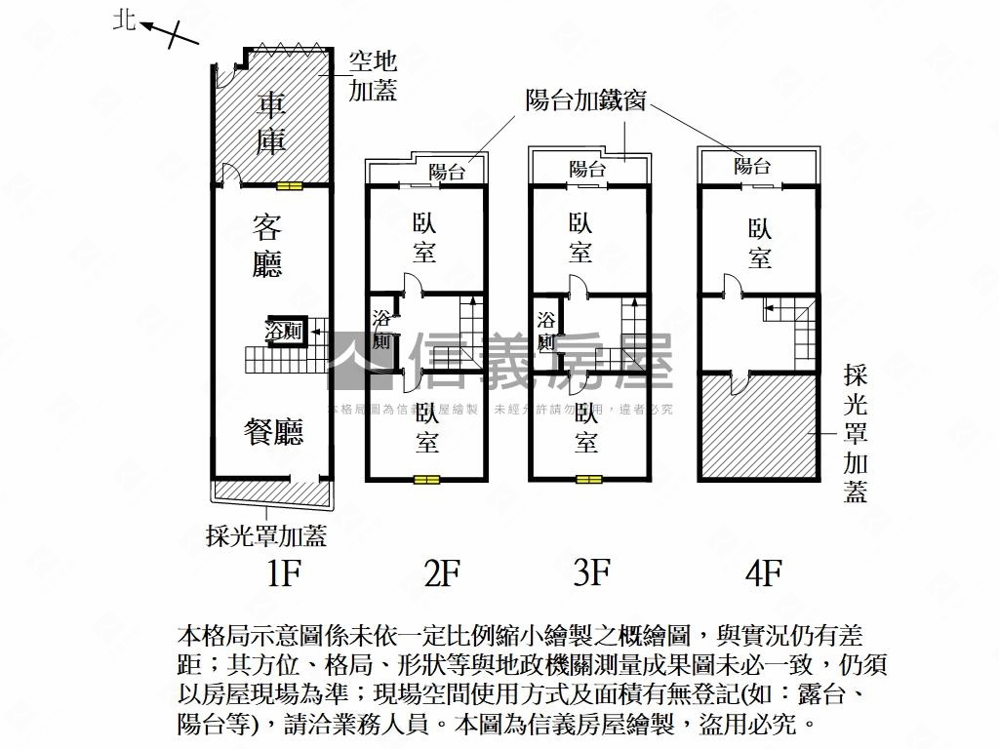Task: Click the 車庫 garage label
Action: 272,124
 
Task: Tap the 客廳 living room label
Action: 267,248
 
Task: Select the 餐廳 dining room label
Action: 274,432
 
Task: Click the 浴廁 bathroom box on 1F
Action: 285,332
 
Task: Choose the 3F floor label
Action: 591,573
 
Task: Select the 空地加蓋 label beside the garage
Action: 374,77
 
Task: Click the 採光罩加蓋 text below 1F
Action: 266,535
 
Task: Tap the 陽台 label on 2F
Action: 446,173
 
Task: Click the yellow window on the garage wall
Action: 290,185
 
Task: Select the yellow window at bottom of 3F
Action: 588,479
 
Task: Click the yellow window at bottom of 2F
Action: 426,479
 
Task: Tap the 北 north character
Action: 124,20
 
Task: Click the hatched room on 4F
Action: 757,429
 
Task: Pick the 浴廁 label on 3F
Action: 545,332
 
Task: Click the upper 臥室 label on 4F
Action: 760,243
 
